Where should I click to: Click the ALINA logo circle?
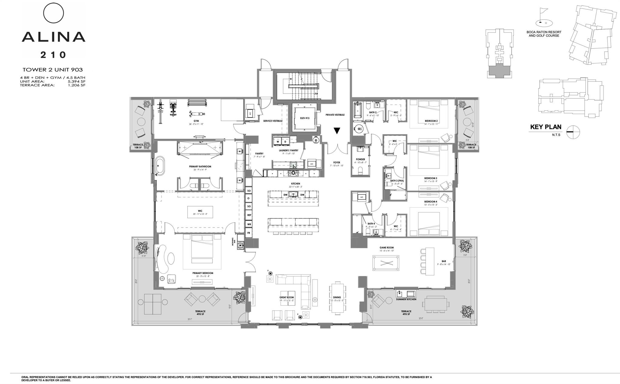(x=54, y=13)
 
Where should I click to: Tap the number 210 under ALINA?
(x=54, y=55)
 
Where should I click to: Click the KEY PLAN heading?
(x=546, y=127)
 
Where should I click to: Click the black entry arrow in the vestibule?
(x=337, y=131)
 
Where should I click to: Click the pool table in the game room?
(x=385, y=263)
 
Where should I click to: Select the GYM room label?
(x=196, y=121)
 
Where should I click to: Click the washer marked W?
(x=277, y=142)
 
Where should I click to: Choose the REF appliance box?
(x=249, y=215)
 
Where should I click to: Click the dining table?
(x=337, y=298)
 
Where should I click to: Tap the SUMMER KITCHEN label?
(x=406, y=299)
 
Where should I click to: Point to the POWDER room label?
(x=360, y=159)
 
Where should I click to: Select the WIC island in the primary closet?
(x=200, y=212)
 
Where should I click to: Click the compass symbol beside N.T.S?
(x=573, y=132)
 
